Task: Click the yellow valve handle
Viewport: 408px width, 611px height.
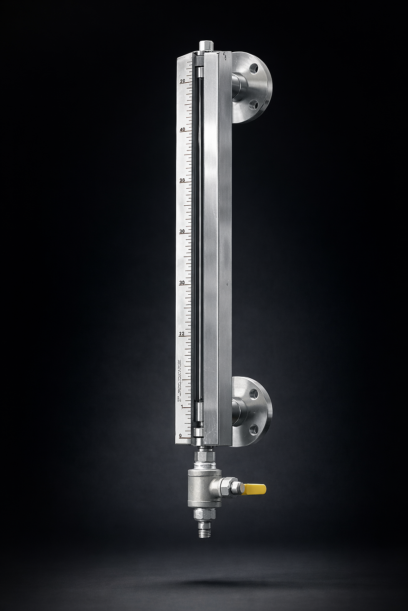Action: click(x=255, y=489)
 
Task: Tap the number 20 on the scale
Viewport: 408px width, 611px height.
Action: click(x=183, y=81)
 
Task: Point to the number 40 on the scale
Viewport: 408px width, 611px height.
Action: click(x=182, y=129)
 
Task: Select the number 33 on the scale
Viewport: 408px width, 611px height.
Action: click(x=182, y=180)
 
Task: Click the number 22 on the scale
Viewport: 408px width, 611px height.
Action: click(x=182, y=334)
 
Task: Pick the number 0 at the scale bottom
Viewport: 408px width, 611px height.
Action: click(x=180, y=436)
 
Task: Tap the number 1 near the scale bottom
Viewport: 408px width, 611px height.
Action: click(x=181, y=407)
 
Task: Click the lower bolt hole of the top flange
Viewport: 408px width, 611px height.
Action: click(x=253, y=103)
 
